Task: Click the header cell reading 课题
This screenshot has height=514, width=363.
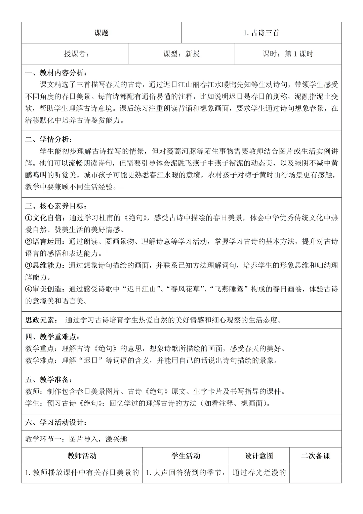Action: pos(102,33)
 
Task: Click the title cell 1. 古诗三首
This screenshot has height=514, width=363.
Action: pos(261,33)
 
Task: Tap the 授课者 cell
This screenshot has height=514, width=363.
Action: pos(77,54)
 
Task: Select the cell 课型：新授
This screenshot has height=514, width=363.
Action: pos(182,54)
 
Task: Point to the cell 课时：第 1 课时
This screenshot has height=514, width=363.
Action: pos(288,54)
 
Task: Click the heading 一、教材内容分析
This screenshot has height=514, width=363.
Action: pos(56,73)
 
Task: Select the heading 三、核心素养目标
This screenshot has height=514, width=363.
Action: pos(56,206)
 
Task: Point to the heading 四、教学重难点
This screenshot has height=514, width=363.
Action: pos(52,337)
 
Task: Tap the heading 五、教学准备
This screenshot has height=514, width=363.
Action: pos(49,380)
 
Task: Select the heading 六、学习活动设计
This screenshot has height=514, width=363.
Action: pos(56,422)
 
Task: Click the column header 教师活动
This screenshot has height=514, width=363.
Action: pos(82,456)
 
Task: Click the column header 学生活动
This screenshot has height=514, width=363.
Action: pos(186,456)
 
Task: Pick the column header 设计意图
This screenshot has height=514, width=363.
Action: pos(259,456)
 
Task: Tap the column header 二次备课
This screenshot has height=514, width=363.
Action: pos(315,456)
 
